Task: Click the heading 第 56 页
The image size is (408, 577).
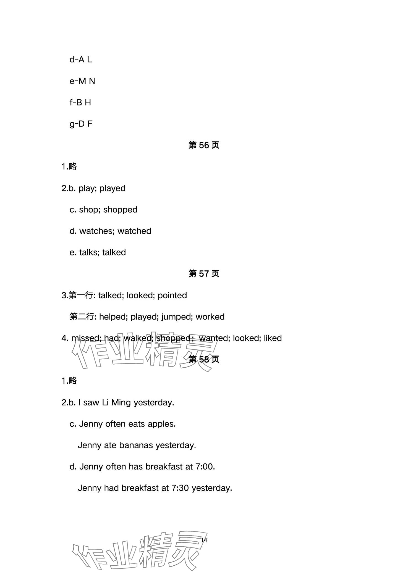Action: (x=204, y=145)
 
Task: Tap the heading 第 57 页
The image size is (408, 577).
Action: (x=204, y=274)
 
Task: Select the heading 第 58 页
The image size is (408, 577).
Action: (x=204, y=359)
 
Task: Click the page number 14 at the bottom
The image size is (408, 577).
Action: (x=204, y=540)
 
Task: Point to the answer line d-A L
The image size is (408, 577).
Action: (x=80, y=60)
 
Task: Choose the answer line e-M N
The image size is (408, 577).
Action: (x=82, y=81)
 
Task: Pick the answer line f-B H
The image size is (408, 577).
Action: (x=80, y=103)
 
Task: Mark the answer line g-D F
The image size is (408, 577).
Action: (x=81, y=124)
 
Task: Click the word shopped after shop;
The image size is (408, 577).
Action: (x=120, y=210)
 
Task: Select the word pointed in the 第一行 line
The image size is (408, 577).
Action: (x=172, y=295)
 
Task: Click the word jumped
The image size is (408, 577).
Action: (x=177, y=317)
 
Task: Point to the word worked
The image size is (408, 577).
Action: (x=210, y=317)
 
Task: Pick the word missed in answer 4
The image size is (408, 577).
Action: (x=83, y=338)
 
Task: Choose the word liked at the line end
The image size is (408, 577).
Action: (x=273, y=338)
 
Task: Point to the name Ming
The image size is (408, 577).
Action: (x=121, y=402)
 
